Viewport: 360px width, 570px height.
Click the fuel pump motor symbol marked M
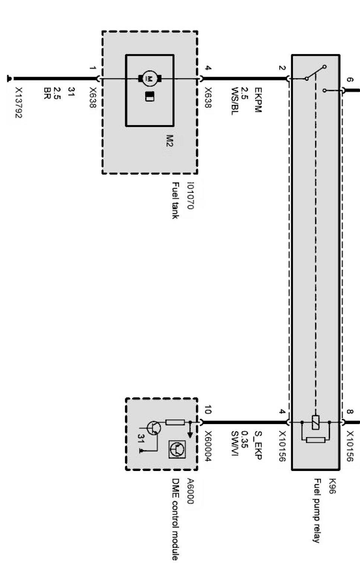tap(150, 79)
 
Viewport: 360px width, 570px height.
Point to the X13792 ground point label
tap(19, 103)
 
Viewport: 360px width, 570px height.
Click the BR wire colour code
tap(47, 93)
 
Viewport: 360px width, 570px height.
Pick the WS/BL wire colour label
tap(235, 101)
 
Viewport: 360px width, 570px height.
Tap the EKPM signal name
tap(258, 100)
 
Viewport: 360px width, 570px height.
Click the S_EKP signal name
tap(258, 445)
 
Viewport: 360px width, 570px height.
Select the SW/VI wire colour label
tap(235, 443)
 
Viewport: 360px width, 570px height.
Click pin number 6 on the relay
tap(350, 80)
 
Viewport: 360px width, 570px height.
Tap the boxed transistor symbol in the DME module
tap(177, 449)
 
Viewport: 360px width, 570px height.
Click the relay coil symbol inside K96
tap(315, 423)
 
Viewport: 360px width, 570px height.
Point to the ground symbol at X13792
tap(9, 79)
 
